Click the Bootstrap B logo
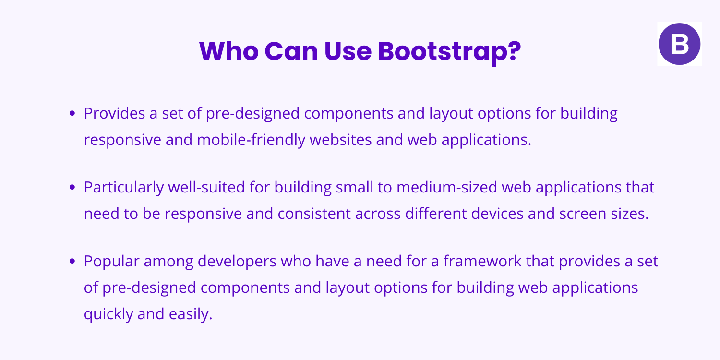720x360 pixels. [x=679, y=44]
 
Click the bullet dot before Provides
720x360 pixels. [x=73, y=114]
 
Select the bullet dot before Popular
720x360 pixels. [x=73, y=262]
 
